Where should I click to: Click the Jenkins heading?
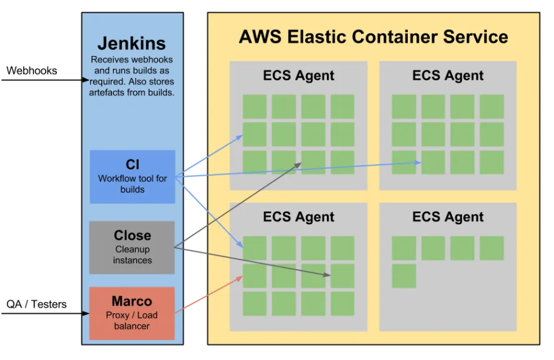click(131, 44)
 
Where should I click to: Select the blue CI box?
click(132, 176)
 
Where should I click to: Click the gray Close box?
click(132, 247)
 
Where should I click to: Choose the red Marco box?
click(132, 313)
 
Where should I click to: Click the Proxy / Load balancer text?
click(132, 320)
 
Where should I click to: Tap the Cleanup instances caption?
click(132, 255)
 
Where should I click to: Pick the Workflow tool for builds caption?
click(132, 184)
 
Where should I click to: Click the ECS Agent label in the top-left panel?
click(298, 76)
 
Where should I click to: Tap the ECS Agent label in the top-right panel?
click(447, 76)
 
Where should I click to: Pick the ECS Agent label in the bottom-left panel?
click(298, 217)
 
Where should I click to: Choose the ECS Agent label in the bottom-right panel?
click(447, 217)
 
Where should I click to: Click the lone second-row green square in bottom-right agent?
click(404, 276)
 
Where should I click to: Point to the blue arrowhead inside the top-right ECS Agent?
click(418, 163)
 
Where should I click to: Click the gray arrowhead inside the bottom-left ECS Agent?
click(327, 275)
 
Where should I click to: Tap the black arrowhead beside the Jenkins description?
click(86, 80)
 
